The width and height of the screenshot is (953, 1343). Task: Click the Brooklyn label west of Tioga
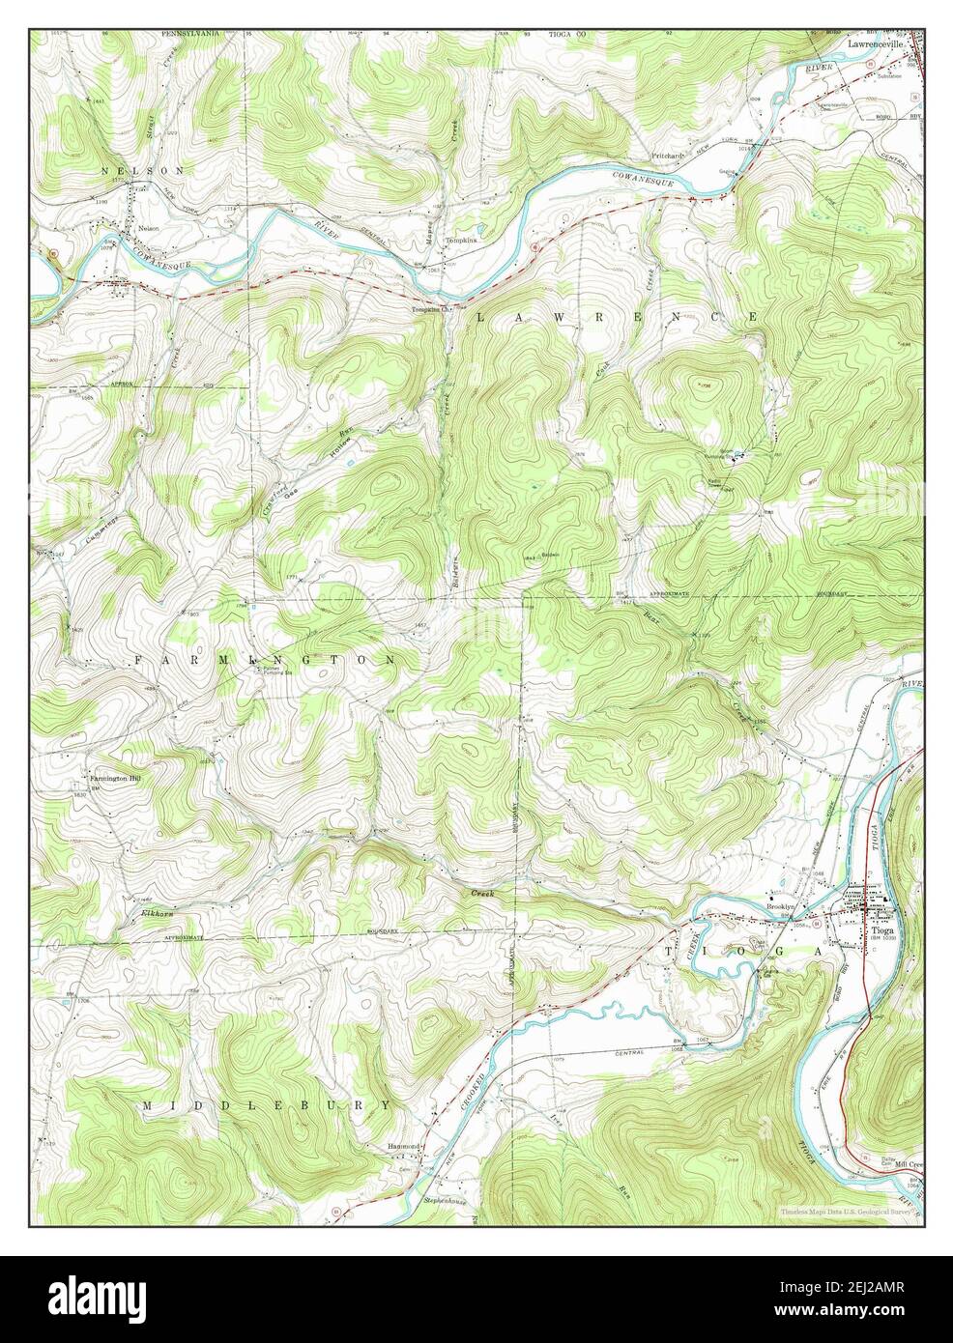780,906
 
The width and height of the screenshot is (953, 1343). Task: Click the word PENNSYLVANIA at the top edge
189,33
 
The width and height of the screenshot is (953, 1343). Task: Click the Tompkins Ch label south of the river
432,309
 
